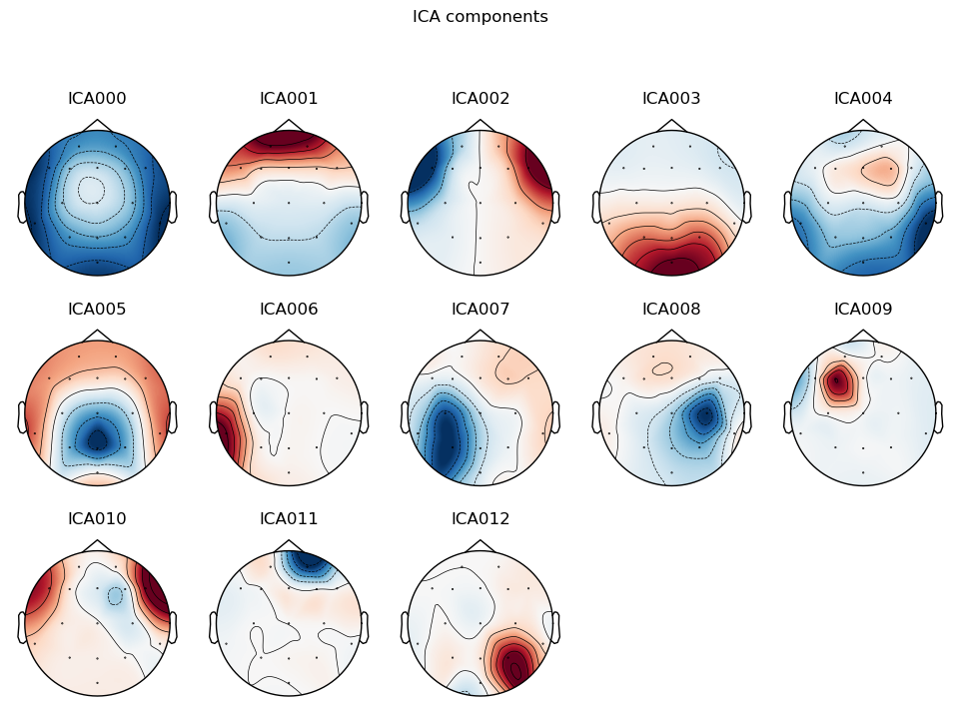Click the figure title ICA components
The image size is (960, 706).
480,17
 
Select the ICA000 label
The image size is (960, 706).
97,99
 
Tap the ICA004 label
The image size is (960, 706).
863,99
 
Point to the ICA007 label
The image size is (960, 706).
480,310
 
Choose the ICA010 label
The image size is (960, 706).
97,519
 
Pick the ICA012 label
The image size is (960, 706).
480,519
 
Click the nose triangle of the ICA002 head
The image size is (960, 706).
480,126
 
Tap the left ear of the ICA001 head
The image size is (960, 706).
213,207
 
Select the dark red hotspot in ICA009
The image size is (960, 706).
838,380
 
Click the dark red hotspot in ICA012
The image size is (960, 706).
514,661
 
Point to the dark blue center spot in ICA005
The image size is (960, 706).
97,437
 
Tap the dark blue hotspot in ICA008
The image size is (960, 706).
706,415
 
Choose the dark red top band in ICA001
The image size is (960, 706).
289,143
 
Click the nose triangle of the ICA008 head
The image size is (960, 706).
672,337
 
